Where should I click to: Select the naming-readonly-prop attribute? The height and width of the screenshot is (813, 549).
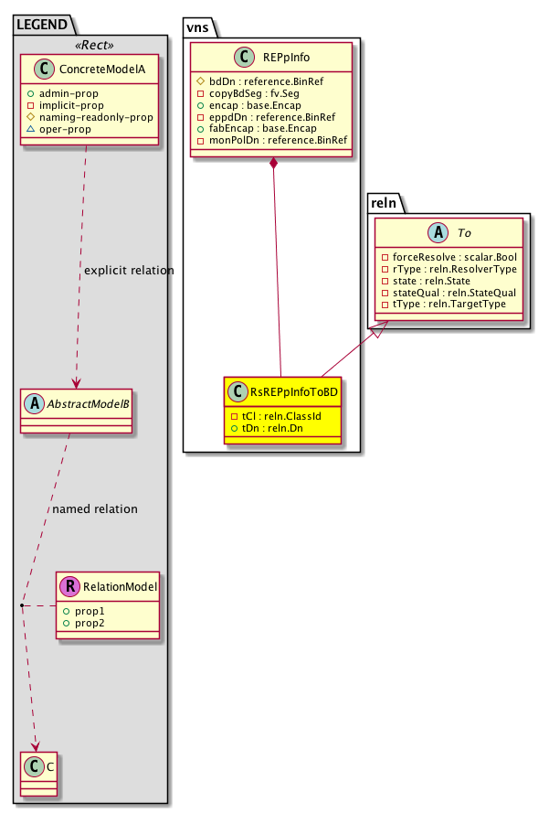[x=90, y=117]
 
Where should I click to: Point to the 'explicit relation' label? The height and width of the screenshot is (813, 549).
[x=129, y=271]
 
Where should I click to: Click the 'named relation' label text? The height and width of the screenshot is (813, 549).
[x=95, y=508]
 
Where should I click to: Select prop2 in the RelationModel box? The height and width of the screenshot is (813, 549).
[x=89, y=622]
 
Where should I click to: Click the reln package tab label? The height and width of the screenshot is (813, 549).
[x=384, y=200]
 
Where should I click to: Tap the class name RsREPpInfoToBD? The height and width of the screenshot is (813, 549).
[x=291, y=391]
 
